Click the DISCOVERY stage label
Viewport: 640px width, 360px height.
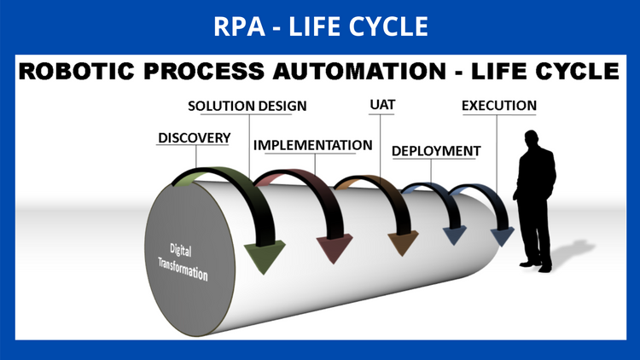point(194,136)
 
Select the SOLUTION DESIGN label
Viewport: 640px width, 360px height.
point(247,106)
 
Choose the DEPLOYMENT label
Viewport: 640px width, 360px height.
point(436,151)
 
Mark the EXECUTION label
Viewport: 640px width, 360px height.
point(499,106)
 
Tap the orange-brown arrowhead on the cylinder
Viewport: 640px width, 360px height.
point(400,243)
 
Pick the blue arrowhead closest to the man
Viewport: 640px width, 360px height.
point(503,234)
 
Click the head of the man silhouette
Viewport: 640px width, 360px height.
point(532,140)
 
